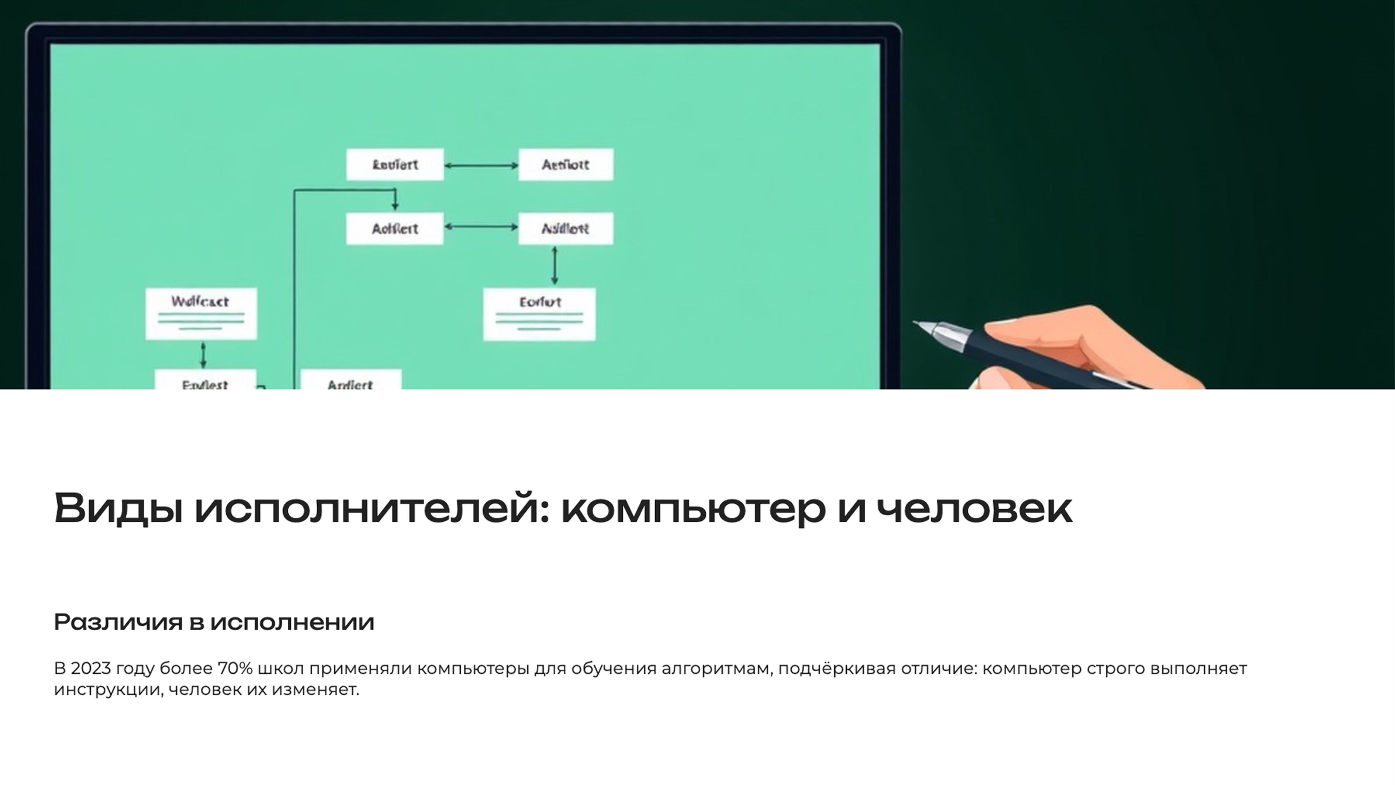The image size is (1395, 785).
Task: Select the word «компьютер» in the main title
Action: (x=693, y=508)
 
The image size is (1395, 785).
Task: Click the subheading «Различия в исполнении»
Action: (x=214, y=622)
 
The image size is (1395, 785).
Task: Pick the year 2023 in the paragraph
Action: (x=90, y=669)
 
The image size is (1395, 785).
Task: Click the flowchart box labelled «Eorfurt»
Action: (x=539, y=314)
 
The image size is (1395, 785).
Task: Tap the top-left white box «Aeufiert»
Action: (x=395, y=164)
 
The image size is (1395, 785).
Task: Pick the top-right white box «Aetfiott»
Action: (x=566, y=164)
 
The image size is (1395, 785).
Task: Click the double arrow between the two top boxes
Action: (x=481, y=165)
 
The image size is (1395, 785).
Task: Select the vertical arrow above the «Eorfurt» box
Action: (x=554, y=266)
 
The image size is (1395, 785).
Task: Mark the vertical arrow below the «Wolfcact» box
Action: (x=203, y=355)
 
